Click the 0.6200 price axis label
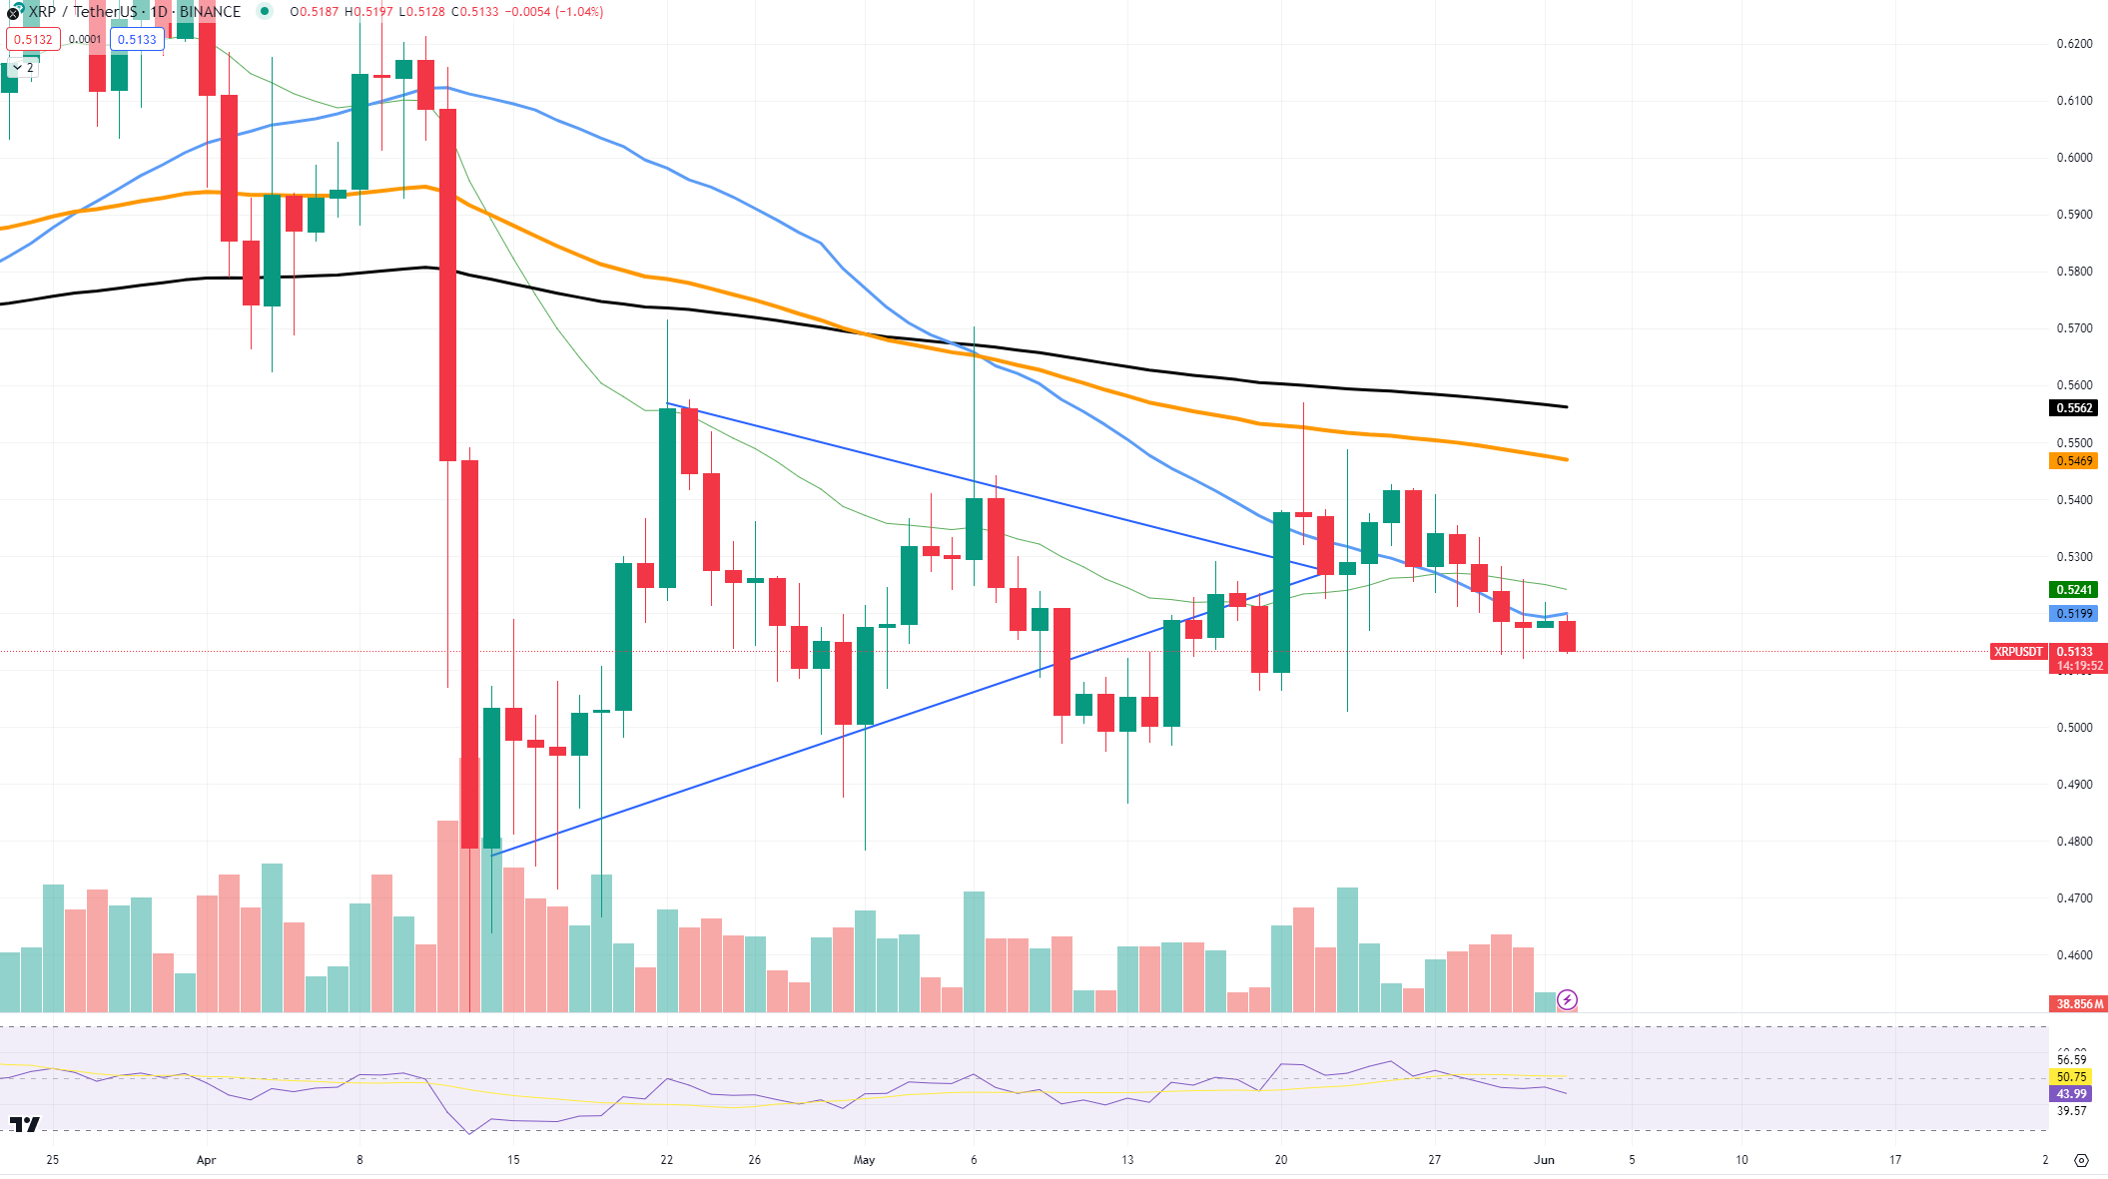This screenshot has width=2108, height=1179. [x=2074, y=44]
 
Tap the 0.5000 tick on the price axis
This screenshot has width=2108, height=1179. [x=2074, y=728]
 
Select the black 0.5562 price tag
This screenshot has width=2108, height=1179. [x=2074, y=408]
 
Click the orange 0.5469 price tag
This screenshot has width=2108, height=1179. [x=2074, y=461]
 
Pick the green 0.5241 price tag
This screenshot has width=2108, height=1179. [x=2074, y=590]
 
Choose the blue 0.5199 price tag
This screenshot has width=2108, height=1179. [x=2074, y=614]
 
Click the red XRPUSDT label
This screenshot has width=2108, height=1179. [x=2018, y=652]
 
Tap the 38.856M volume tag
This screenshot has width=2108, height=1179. [x=2079, y=1004]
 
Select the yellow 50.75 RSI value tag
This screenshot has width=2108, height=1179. [x=2072, y=1077]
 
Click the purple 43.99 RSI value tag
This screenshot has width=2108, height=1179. [x=2072, y=1094]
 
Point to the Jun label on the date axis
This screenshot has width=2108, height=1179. [x=1544, y=1160]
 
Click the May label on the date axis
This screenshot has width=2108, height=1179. [x=864, y=1160]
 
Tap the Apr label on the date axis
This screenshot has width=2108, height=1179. [x=206, y=1160]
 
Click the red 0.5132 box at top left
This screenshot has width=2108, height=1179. [x=33, y=40]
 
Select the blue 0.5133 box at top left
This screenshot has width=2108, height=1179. [x=137, y=40]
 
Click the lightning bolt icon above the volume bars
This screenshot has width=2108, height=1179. [x=1567, y=999]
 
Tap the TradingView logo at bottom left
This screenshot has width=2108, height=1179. [x=25, y=1125]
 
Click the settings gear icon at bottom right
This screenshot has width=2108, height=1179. [x=2081, y=1160]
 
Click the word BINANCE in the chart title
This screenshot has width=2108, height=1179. [x=210, y=12]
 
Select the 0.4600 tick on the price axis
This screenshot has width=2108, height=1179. [x=2074, y=955]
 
